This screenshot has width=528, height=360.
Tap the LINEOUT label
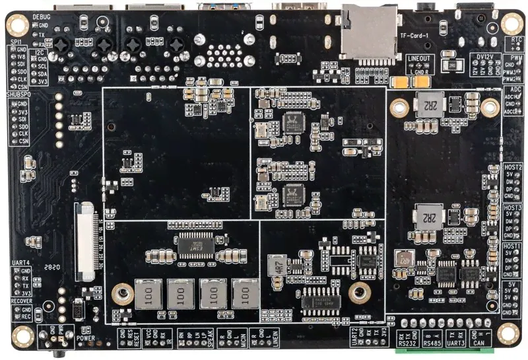tap(419, 59)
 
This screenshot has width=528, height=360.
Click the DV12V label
tap(486, 57)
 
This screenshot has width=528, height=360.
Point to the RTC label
tap(516, 39)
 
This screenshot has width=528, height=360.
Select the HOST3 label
tap(512, 207)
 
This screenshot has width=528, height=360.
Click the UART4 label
tap(21, 263)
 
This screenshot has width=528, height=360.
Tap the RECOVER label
tap(21, 301)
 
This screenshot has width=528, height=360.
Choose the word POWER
tap(86, 338)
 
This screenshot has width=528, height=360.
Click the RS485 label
tap(432, 343)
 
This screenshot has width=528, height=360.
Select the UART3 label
tap(457, 343)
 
